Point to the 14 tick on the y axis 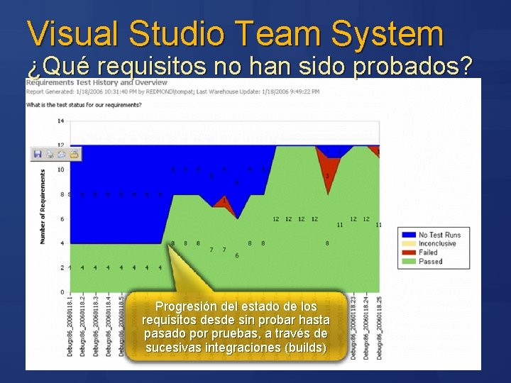(60, 121)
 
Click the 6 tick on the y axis (62, 218)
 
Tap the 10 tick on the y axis (60, 170)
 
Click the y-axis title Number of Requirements (43, 206)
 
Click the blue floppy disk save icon (38, 153)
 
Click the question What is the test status (84, 105)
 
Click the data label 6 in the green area (236, 255)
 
